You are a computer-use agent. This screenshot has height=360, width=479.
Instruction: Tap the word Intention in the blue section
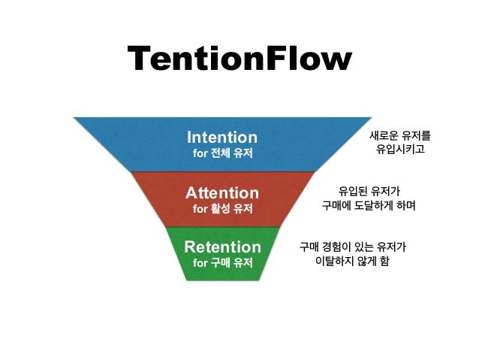click(x=221, y=138)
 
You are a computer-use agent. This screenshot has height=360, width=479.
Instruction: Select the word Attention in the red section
click(x=221, y=192)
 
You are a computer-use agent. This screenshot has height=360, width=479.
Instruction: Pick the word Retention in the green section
click(x=222, y=247)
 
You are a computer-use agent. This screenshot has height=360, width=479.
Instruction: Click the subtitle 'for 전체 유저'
click(x=222, y=154)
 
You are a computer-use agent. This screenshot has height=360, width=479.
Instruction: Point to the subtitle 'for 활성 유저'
click(x=222, y=209)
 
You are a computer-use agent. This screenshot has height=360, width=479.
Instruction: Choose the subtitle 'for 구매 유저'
click(x=222, y=263)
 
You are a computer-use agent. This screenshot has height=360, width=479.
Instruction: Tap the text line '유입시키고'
click(x=400, y=151)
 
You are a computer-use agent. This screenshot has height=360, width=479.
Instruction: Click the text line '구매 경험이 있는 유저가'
click(x=353, y=246)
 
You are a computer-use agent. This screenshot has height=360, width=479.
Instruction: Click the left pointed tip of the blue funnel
click(x=74, y=118)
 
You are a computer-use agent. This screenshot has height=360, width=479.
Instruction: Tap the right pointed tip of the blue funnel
click(x=372, y=118)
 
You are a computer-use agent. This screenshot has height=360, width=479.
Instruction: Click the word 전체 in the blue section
click(x=221, y=154)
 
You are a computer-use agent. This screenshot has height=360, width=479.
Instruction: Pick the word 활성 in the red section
click(x=221, y=209)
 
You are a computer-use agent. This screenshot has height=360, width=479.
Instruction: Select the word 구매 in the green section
click(x=221, y=263)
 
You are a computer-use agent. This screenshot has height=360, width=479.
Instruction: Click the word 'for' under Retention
click(x=200, y=263)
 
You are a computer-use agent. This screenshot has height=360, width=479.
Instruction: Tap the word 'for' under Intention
click(x=200, y=154)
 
